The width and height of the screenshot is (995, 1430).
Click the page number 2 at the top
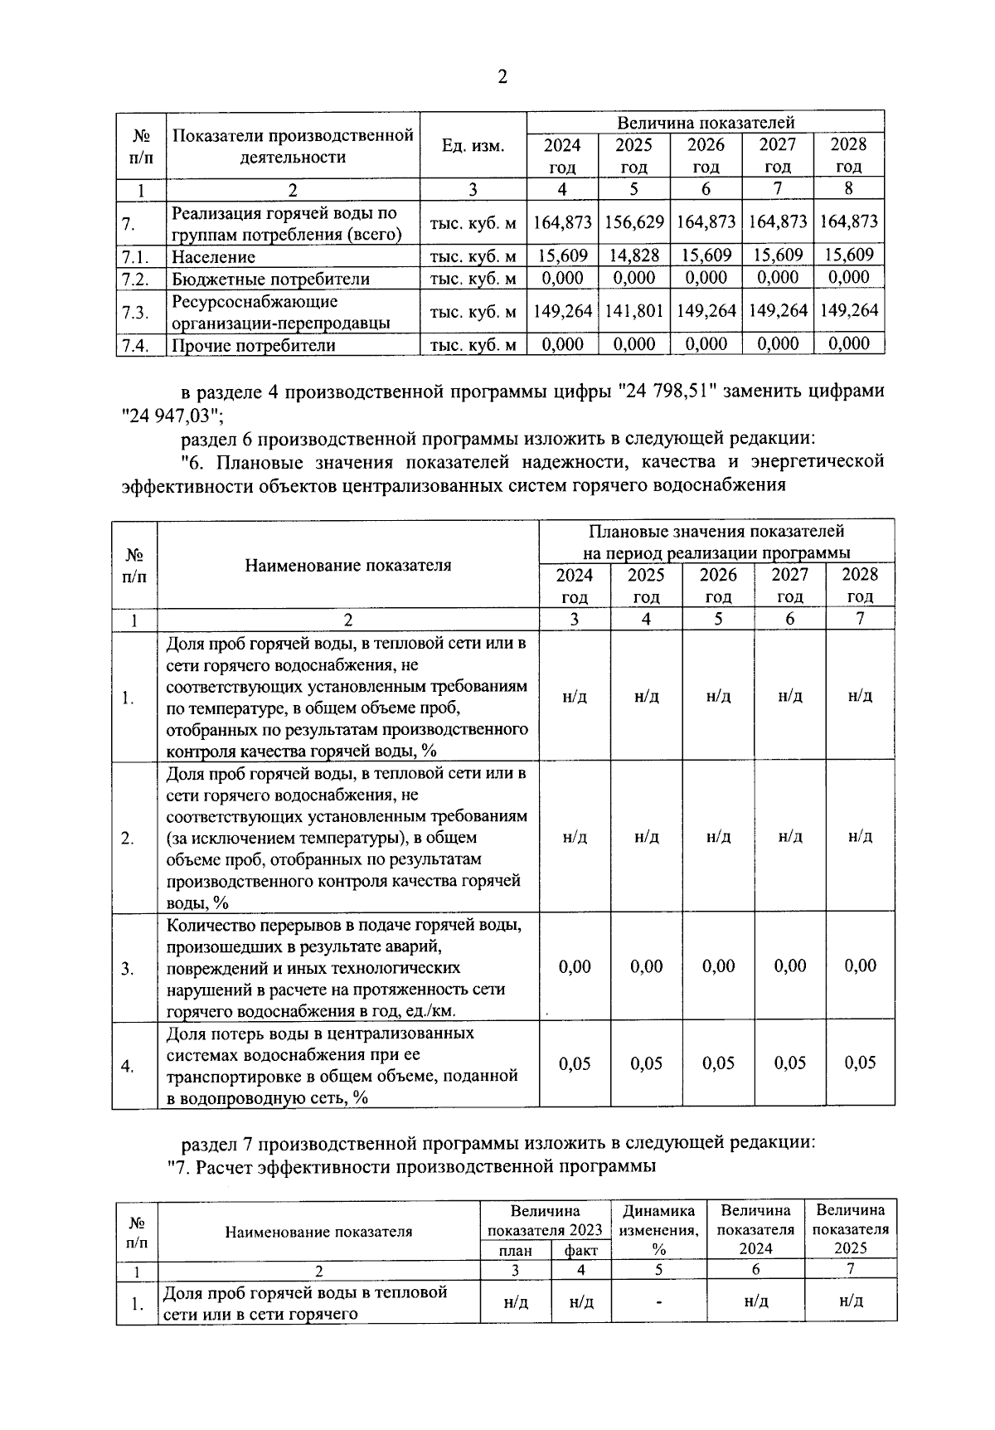501,77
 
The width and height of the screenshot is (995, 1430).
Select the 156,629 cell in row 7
634,222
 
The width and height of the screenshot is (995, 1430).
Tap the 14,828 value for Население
634,255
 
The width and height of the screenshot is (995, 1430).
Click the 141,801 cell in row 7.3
634,311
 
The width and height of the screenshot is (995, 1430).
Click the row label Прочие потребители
253,345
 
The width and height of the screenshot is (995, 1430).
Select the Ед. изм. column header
473,145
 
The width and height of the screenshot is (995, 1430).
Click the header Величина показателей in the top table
706,121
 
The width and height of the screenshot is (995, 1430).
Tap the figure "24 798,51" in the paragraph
662,391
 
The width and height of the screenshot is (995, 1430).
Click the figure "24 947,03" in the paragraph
172,413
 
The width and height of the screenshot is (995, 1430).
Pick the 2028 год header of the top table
848,154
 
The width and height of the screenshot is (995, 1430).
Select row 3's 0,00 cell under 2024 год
575,966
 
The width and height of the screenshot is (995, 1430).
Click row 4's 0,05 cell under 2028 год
860,1063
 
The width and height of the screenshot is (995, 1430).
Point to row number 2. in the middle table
128,838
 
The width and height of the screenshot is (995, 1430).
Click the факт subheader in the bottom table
580,1250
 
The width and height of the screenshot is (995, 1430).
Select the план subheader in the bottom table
516,1250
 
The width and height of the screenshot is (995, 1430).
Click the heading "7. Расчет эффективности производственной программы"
412,1166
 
